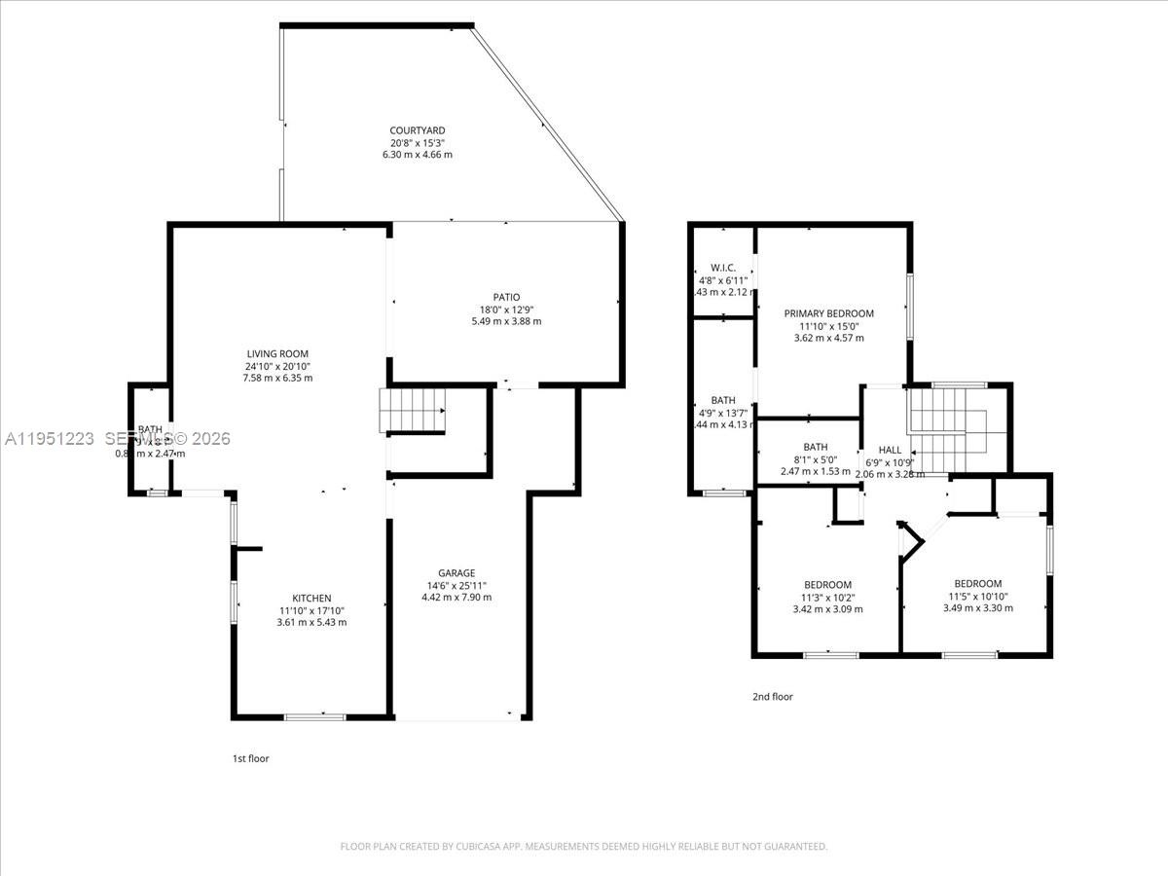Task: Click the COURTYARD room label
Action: (417, 130)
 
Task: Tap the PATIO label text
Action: (506, 297)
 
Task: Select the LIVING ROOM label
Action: (278, 354)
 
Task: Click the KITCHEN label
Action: (312, 599)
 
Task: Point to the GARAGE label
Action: (456, 573)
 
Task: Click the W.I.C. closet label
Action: (722, 268)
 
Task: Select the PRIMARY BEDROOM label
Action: (829, 313)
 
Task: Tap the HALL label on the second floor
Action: (890, 450)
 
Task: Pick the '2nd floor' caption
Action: (773, 697)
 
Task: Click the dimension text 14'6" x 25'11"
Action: (456, 585)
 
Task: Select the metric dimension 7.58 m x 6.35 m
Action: (278, 378)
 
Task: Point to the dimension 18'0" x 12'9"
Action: (506, 310)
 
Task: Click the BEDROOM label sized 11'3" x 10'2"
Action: (827, 585)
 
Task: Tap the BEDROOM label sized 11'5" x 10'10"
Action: (977, 584)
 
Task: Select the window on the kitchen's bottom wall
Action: (314, 717)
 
